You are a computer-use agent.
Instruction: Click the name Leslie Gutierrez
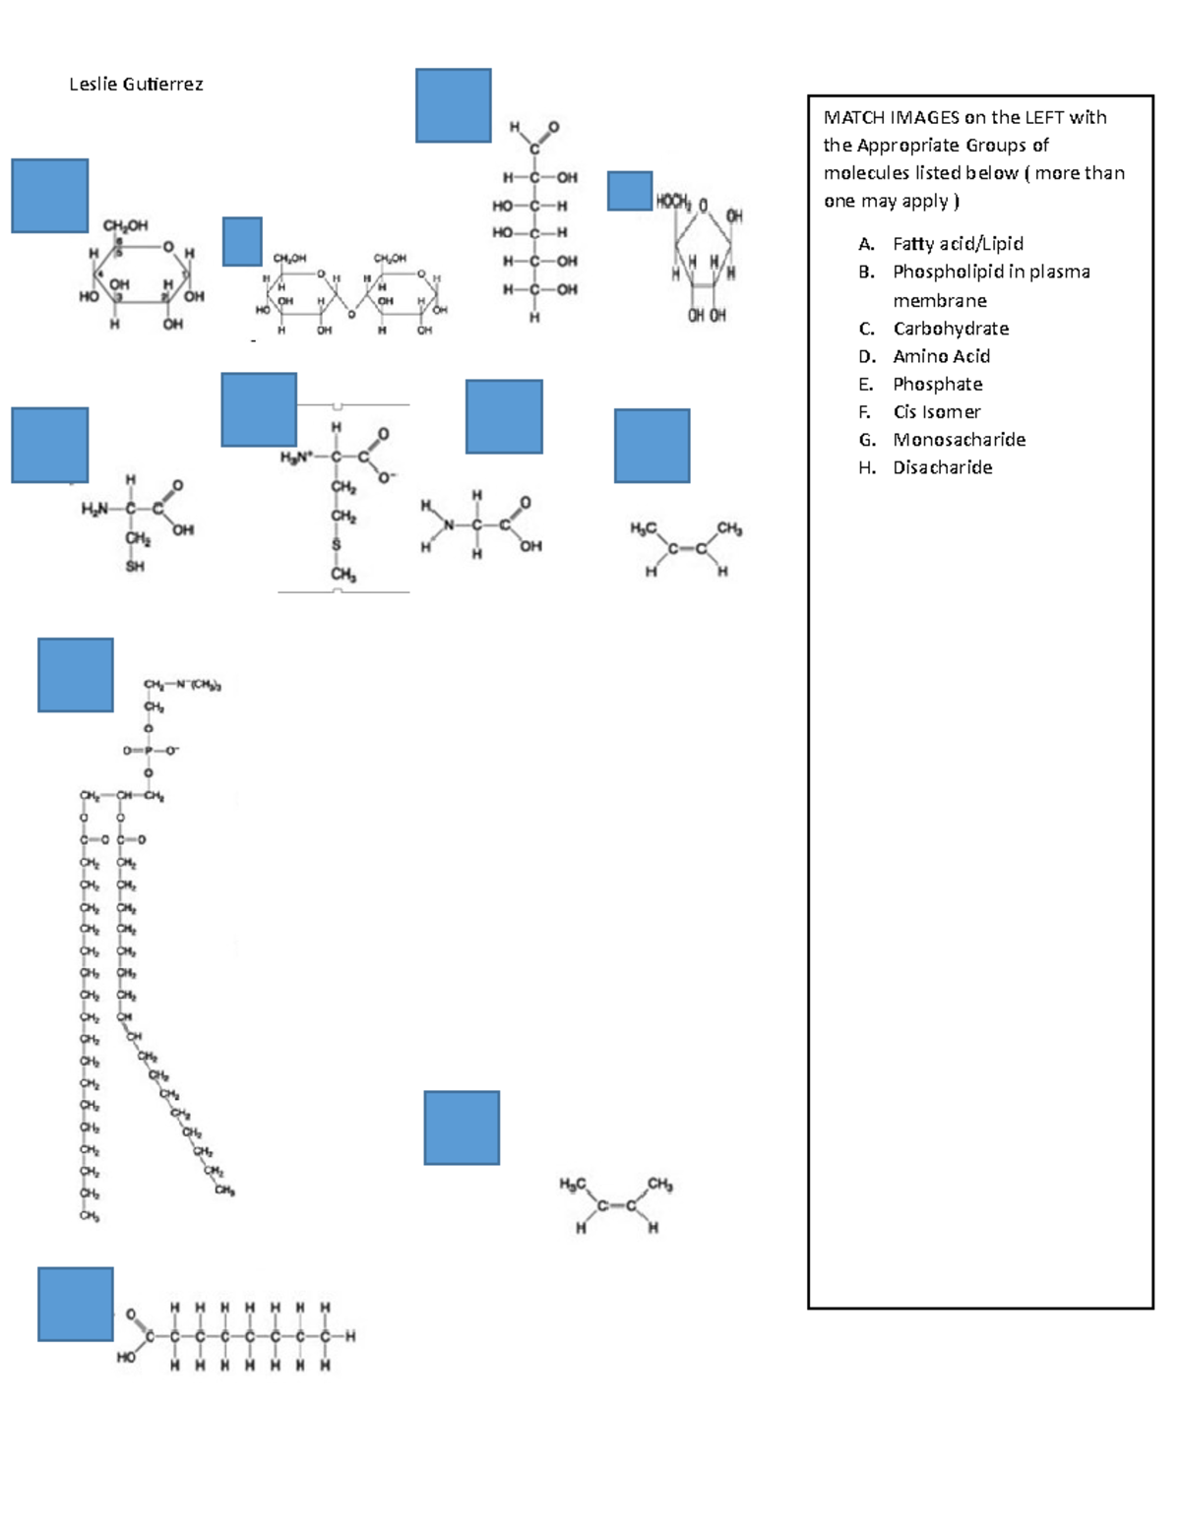click(136, 85)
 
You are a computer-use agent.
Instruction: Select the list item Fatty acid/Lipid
click(957, 244)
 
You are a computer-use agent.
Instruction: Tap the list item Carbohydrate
click(950, 329)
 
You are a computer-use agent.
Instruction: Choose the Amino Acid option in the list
click(941, 356)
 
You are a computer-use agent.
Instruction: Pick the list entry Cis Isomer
click(936, 412)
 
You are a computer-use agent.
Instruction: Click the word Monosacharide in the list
click(959, 440)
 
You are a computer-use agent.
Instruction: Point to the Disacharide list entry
click(942, 467)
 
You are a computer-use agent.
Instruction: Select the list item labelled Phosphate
click(937, 385)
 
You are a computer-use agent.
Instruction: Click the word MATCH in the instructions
click(853, 118)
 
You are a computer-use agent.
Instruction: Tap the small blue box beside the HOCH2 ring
click(629, 191)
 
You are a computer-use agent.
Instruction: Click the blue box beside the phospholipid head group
click(76, 675)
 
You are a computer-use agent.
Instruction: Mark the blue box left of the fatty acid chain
click(76, 1304)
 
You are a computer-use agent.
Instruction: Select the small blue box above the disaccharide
click(242, 241)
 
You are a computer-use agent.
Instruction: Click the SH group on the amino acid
click(135, 567)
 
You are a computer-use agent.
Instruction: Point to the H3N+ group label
click(296, 458)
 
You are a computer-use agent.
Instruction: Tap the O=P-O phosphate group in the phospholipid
click(151, 751)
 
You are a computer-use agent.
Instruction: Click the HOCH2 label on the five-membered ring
click(673, 202)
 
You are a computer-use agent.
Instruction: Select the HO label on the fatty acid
click(126, 1357)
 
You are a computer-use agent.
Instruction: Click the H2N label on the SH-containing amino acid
click(94, 509)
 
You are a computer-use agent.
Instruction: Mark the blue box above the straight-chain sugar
click(453, 105)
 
